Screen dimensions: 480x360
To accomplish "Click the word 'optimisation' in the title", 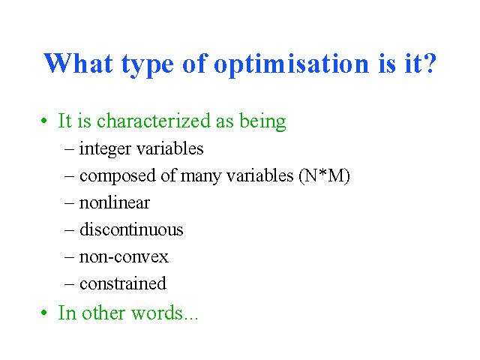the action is pos(292,65).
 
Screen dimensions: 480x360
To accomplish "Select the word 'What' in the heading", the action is pos(78,63).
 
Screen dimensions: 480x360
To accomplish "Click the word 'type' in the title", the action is pos(148,65).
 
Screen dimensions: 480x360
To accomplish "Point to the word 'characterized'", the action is pos(154,121).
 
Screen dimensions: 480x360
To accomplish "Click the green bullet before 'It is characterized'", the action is pos(44,121).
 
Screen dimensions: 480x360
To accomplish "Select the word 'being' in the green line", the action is pos(262,121).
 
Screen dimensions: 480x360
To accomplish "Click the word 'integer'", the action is pos(105,150).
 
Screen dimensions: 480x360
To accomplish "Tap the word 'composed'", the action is pos(118,177).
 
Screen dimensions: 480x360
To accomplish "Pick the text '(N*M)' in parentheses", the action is pos(325,176).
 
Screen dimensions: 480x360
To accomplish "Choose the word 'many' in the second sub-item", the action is pos(201,177).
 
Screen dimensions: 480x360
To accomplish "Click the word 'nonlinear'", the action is pos(115,203).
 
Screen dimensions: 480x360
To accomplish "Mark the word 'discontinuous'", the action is pos(131,229).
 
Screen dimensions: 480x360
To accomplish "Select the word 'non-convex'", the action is pos(124,257).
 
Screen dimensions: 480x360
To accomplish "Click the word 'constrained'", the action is pos(123,283).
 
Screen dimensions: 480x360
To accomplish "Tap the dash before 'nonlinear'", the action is pos(70,203).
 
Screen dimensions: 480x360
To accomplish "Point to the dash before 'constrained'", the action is pos(70,284).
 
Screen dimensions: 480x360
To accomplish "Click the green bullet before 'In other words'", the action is pos(44,313).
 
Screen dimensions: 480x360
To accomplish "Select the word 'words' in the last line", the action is pos(157,313).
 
